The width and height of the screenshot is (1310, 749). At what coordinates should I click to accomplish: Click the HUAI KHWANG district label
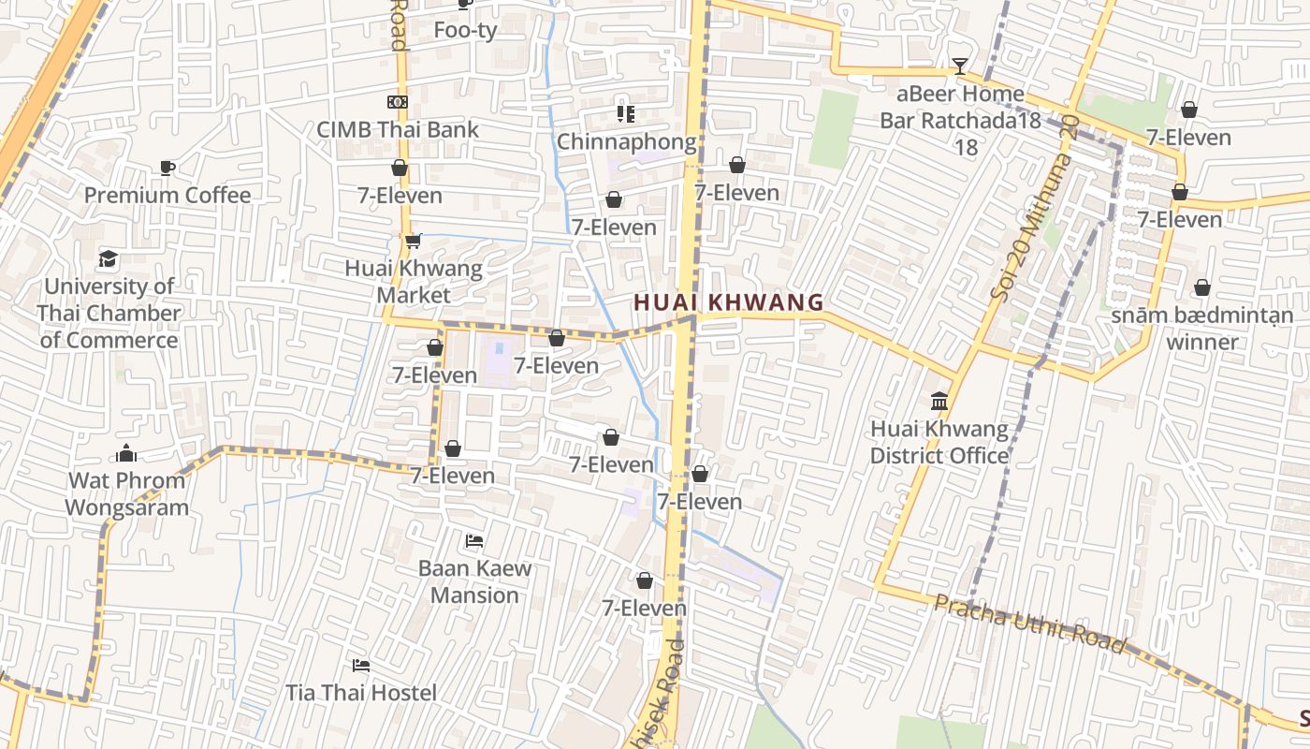click(x=729, y=302)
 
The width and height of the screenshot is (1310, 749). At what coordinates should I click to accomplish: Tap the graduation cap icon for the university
click(x=109, y=257)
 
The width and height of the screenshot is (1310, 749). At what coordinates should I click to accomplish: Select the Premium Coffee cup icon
click(x=167, y=168)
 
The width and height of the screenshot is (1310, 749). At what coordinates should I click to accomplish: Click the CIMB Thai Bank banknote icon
click(x=398, y=102)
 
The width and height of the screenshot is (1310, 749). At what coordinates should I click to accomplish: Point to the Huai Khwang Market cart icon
click(x=413, y=242)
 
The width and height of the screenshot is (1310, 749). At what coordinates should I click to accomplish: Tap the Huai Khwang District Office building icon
click(x=939, y=402)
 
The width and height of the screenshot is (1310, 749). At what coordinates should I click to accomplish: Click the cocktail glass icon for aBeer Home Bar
click(x=959, y=66)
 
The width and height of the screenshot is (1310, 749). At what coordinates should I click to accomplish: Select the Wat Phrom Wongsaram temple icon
click(x=126, y=454)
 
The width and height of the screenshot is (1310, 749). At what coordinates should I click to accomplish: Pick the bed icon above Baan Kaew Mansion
click(x=474, y=541)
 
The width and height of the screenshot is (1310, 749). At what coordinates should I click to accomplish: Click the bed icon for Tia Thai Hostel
click(x=361, y=666)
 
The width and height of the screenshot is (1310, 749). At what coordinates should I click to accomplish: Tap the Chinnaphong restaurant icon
click(x=626, y=114)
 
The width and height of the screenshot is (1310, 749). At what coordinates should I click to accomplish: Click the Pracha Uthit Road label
click(x=1029, y=624)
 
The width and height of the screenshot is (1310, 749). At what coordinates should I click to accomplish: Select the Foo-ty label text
click(x=465, y=30)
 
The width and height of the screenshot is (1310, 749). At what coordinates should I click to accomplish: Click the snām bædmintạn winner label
click(x=1202, y=328)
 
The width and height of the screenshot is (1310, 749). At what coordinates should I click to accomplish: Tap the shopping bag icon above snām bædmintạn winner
click(x=1202, y=287)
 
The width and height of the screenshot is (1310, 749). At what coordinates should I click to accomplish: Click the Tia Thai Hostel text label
click(x=361, y=693)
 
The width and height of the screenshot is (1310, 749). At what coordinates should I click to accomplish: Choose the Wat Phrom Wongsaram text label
click(x=126, y=494)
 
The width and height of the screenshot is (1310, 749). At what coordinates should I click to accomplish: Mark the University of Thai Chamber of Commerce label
click(x=109, y=313)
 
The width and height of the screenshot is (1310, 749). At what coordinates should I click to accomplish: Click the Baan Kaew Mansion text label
click(x=474, y=581)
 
